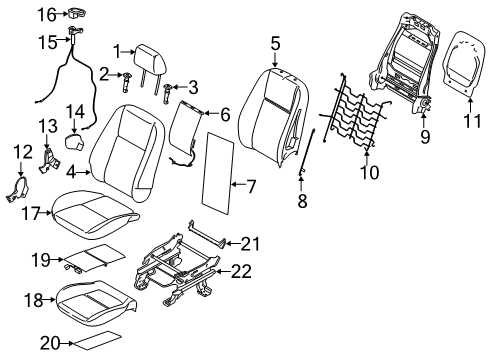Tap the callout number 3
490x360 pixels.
tap(192, 86)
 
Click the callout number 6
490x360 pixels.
tap(224, 116)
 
